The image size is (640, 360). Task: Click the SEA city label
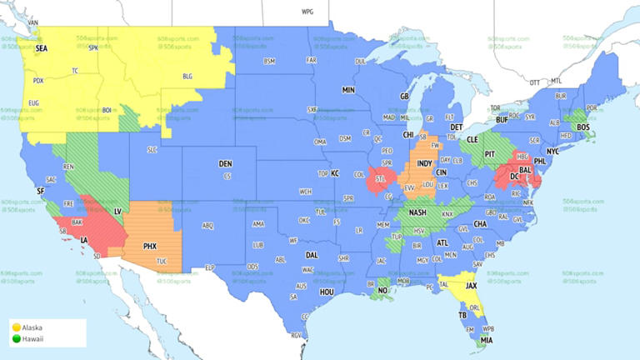[x=42, y=49]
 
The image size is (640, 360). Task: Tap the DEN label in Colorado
[x=225, y=163]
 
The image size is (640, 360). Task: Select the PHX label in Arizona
[x=150, y=246]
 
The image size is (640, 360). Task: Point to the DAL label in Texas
[x=312, y=255]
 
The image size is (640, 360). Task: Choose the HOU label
[x=327, y=292]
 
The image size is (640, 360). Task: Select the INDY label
[x=424, y=163]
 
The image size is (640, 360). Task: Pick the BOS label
[x=583, y=127]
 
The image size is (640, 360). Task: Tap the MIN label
[x=348, y=88]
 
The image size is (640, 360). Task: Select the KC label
[x=335, y=173]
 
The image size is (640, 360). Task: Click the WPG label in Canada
[x=308, y=13]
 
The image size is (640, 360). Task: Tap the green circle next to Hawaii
[x=16, y=338]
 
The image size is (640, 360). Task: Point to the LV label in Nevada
[x=117, y=212]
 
